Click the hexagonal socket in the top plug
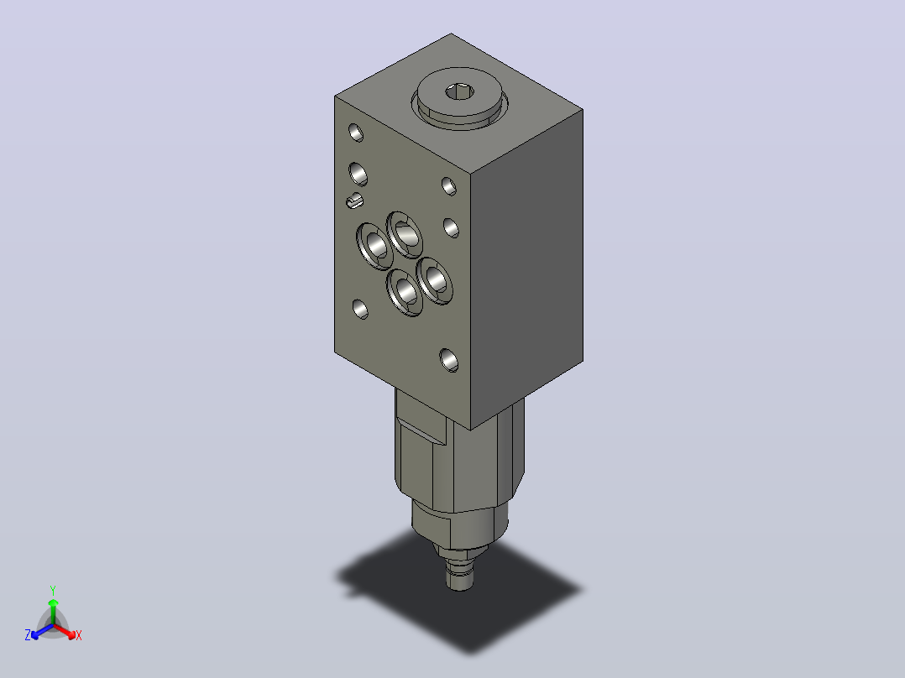pyautogui.click(x=459, y=91)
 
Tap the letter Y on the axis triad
pyautogui.click(x=53, y=590)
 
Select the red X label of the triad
pyautogui.click(x=79, y=635)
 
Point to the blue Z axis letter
pyautogui.click(x=28, y=635)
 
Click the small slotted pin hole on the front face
pyautogui.click(x=354, y=201)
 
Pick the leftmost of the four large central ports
pyautogui.click(x=374, y=246)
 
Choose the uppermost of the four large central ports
pyautogui.click(x=404, y=234)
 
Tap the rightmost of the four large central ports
pyautogui.click(x=434, y=280)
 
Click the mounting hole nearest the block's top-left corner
pyautogui.click(x=356, y=133)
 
